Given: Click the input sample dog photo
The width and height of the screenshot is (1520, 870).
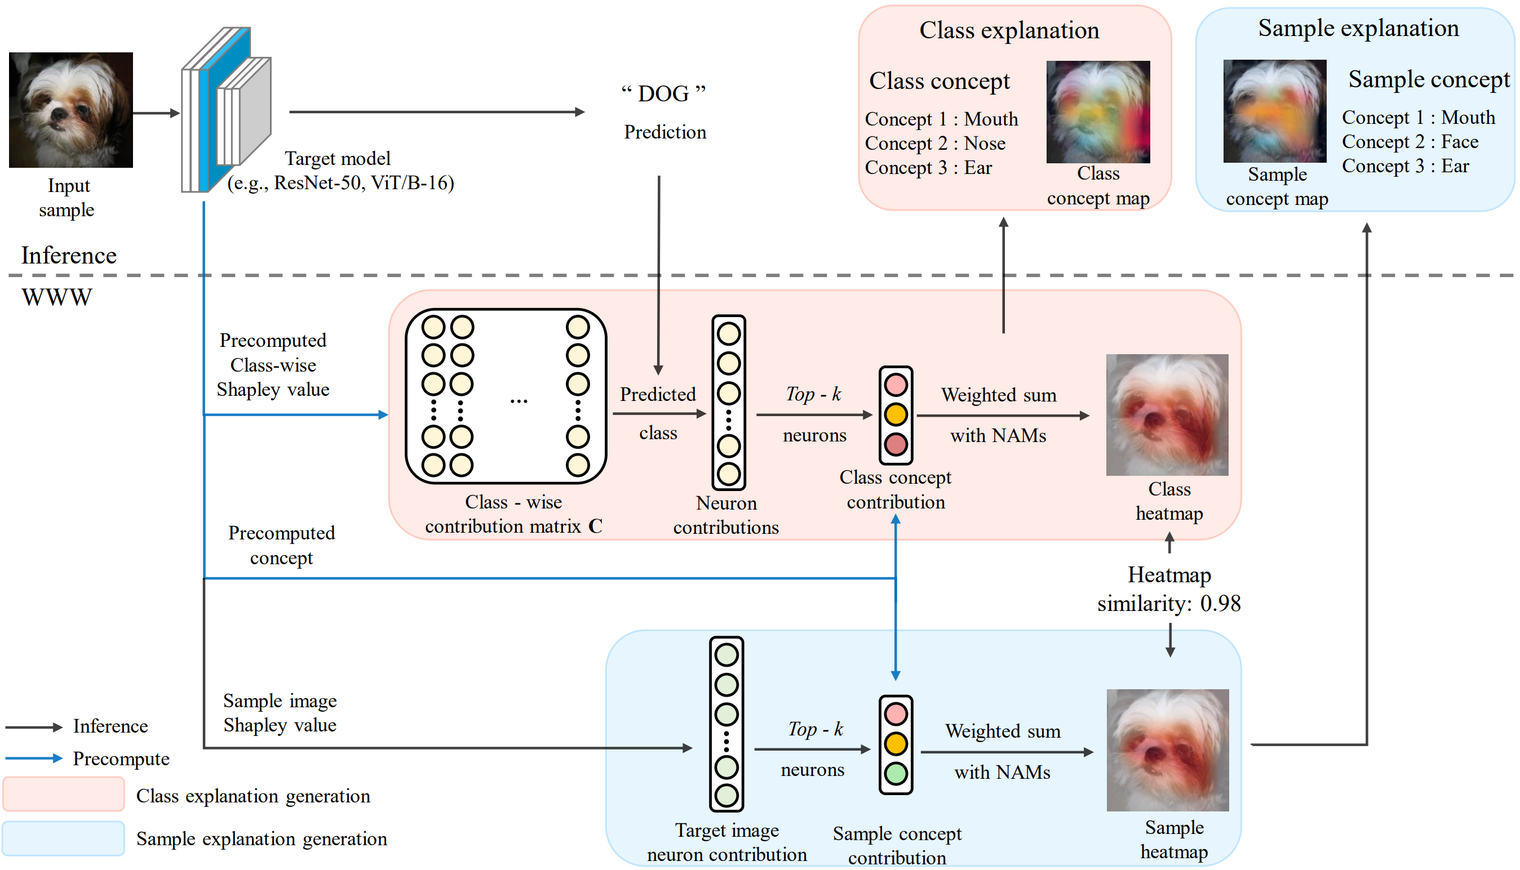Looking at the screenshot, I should point(70,110).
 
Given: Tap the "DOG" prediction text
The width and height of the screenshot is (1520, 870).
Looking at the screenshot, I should point(664,94).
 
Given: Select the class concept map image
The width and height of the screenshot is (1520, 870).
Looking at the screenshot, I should point(1098,111).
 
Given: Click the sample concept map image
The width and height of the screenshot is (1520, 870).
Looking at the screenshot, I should point(1274,111).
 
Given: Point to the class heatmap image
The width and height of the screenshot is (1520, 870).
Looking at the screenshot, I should point(1167,414).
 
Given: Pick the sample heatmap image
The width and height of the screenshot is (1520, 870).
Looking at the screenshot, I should point(1168,750).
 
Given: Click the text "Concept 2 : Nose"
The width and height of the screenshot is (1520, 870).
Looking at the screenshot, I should point(935,144).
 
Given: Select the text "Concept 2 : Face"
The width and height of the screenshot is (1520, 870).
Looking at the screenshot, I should point(1410,141).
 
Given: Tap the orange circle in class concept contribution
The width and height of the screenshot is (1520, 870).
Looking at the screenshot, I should point(896,414).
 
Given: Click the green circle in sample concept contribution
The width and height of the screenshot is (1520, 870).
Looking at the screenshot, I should point(896,774).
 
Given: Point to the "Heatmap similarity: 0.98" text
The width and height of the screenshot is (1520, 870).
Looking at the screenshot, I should point(1169,589).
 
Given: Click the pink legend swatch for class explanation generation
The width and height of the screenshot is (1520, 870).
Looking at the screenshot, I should point(63,794).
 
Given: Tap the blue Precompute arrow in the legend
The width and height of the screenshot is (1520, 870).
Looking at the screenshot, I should point(33,759).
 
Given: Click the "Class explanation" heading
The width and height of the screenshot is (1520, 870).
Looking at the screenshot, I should point(1009,30).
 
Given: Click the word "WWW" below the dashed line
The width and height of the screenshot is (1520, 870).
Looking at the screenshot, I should point(57,297).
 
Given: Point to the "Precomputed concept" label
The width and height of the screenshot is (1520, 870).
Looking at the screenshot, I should point(281,545).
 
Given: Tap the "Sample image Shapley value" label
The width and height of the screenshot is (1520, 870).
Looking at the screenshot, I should point(280,713).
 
